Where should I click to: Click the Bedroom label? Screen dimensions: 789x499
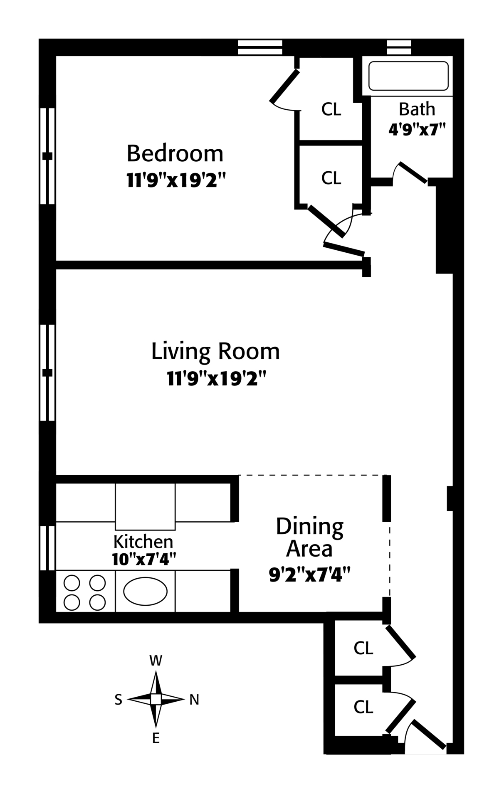(175, 153)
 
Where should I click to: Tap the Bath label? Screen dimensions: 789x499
(417, 109)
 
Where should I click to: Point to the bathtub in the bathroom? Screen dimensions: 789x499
(408, 76)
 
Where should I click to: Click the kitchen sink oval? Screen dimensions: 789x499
(146, 591)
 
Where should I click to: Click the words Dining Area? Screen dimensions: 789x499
(310, 538)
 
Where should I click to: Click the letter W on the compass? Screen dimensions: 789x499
(156, 661)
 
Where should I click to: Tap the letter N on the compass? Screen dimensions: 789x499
(194, 700)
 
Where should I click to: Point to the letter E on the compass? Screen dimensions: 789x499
(156, 738)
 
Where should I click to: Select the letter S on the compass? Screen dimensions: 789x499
(119, 700)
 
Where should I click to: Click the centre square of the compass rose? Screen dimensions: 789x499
(156, 699)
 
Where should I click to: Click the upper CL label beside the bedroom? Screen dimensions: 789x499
(331, 110)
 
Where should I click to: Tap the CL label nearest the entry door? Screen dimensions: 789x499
(363, 707)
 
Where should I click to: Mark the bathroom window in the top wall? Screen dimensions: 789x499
(399, 47)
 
